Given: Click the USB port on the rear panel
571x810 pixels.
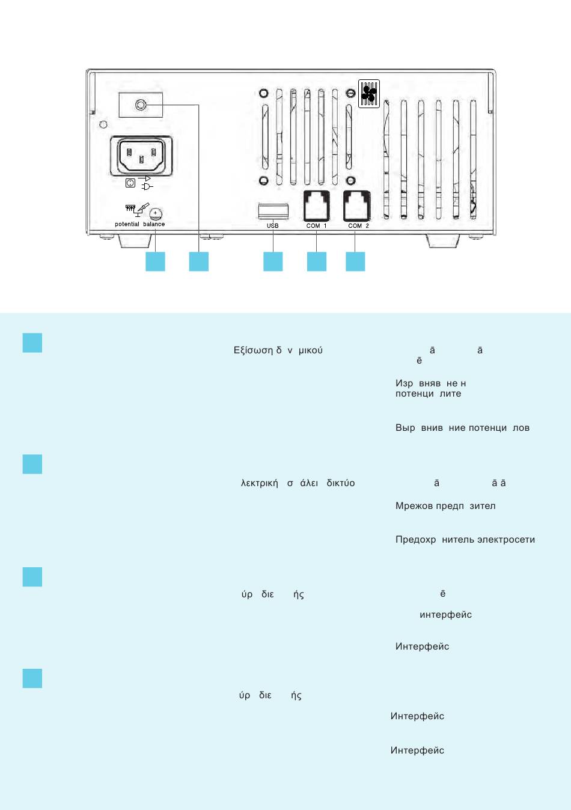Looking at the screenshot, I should point(273,212).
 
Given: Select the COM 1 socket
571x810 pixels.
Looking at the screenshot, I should point(316,206).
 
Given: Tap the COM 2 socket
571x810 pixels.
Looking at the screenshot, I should point(356,206).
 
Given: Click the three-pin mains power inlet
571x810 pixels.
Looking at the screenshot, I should point(141,156).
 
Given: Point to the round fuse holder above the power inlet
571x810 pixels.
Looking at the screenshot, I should point(141,105).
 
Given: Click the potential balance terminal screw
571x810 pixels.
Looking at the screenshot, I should point(155,213).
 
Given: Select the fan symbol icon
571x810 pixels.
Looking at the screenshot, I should point(369,93).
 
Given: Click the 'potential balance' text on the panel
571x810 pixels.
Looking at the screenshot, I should point(139,224).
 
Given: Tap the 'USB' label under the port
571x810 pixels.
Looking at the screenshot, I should point(273,226).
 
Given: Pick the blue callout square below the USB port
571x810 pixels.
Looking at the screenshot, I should point(273,261).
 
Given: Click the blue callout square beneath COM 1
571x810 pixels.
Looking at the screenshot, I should point(317,261).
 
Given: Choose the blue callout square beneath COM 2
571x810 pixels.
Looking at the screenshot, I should point(355,261).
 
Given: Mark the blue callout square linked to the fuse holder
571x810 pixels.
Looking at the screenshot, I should point(199,261).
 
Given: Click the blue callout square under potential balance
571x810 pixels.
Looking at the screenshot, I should point(155,261).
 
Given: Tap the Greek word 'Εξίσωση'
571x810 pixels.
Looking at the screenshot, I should point(253,350).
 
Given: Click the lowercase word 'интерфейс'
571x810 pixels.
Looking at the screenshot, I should point(445,615).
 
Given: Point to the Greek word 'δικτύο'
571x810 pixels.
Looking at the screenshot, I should point(341,483).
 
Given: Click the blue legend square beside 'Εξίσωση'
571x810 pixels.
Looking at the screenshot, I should point(32,343).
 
